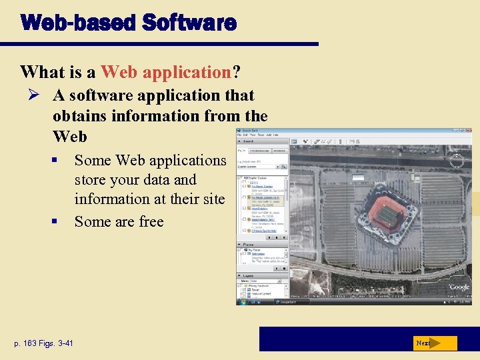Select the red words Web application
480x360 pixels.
[x=165, y=72]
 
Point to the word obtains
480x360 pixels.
[x=81, y=116]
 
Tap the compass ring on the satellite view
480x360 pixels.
[x=457, y=161]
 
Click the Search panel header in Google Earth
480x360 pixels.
[x=248, y=141]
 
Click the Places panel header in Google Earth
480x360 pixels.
[x=248, y=245]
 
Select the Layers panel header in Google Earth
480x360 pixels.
[x=248, y=275]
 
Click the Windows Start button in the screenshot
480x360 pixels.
[x=241, y=301]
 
